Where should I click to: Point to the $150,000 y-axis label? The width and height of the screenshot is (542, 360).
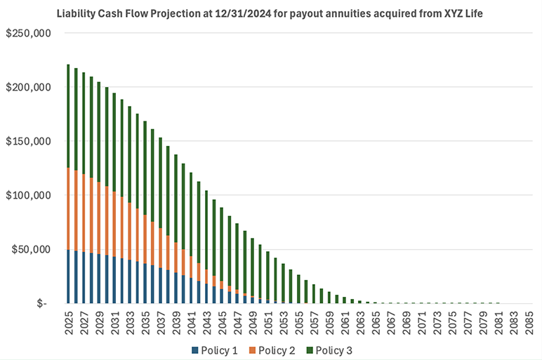[27, 141]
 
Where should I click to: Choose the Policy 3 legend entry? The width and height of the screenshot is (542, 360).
[336, 349]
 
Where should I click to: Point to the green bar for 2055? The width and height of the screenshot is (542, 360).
[298, 288]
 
